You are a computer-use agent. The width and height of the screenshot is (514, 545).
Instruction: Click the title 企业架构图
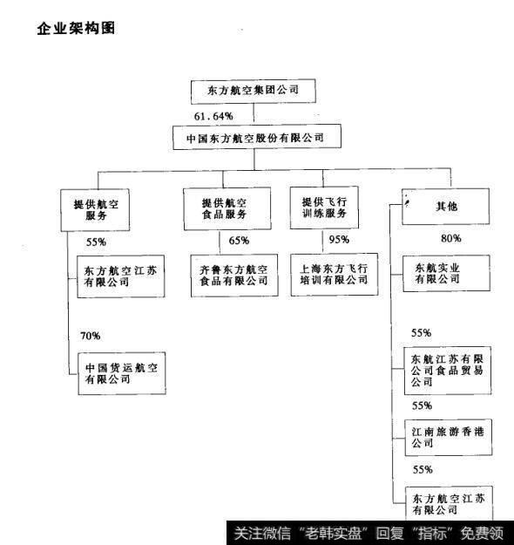coord(77,28)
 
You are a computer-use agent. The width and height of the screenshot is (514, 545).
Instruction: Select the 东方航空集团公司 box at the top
coord(250,91)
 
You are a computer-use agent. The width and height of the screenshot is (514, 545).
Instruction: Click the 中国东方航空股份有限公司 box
coord(254,138)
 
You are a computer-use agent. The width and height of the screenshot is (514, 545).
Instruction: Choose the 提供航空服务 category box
coord(95,209)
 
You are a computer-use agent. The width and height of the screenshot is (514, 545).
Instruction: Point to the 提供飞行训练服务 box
coord(324,208)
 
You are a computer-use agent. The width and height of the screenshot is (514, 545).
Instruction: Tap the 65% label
coord(239,241)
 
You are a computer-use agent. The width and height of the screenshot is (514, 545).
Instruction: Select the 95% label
coord(341,240)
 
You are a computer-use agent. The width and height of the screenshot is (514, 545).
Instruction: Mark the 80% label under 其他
coord(451,238)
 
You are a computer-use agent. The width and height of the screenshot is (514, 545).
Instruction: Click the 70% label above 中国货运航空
coord(90,336)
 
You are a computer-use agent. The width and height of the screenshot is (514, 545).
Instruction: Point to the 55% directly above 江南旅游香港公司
coord(422,405)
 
